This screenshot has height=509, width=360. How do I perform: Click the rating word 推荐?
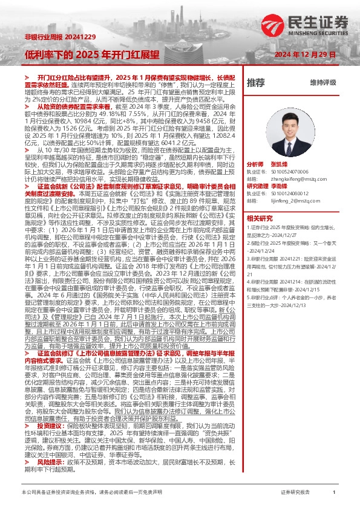click(255, 82)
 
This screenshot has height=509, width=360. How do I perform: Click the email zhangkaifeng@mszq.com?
click(290, 179)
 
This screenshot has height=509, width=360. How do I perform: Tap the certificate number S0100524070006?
click(290, 172)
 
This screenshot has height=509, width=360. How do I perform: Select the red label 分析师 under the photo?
click(255, 164)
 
